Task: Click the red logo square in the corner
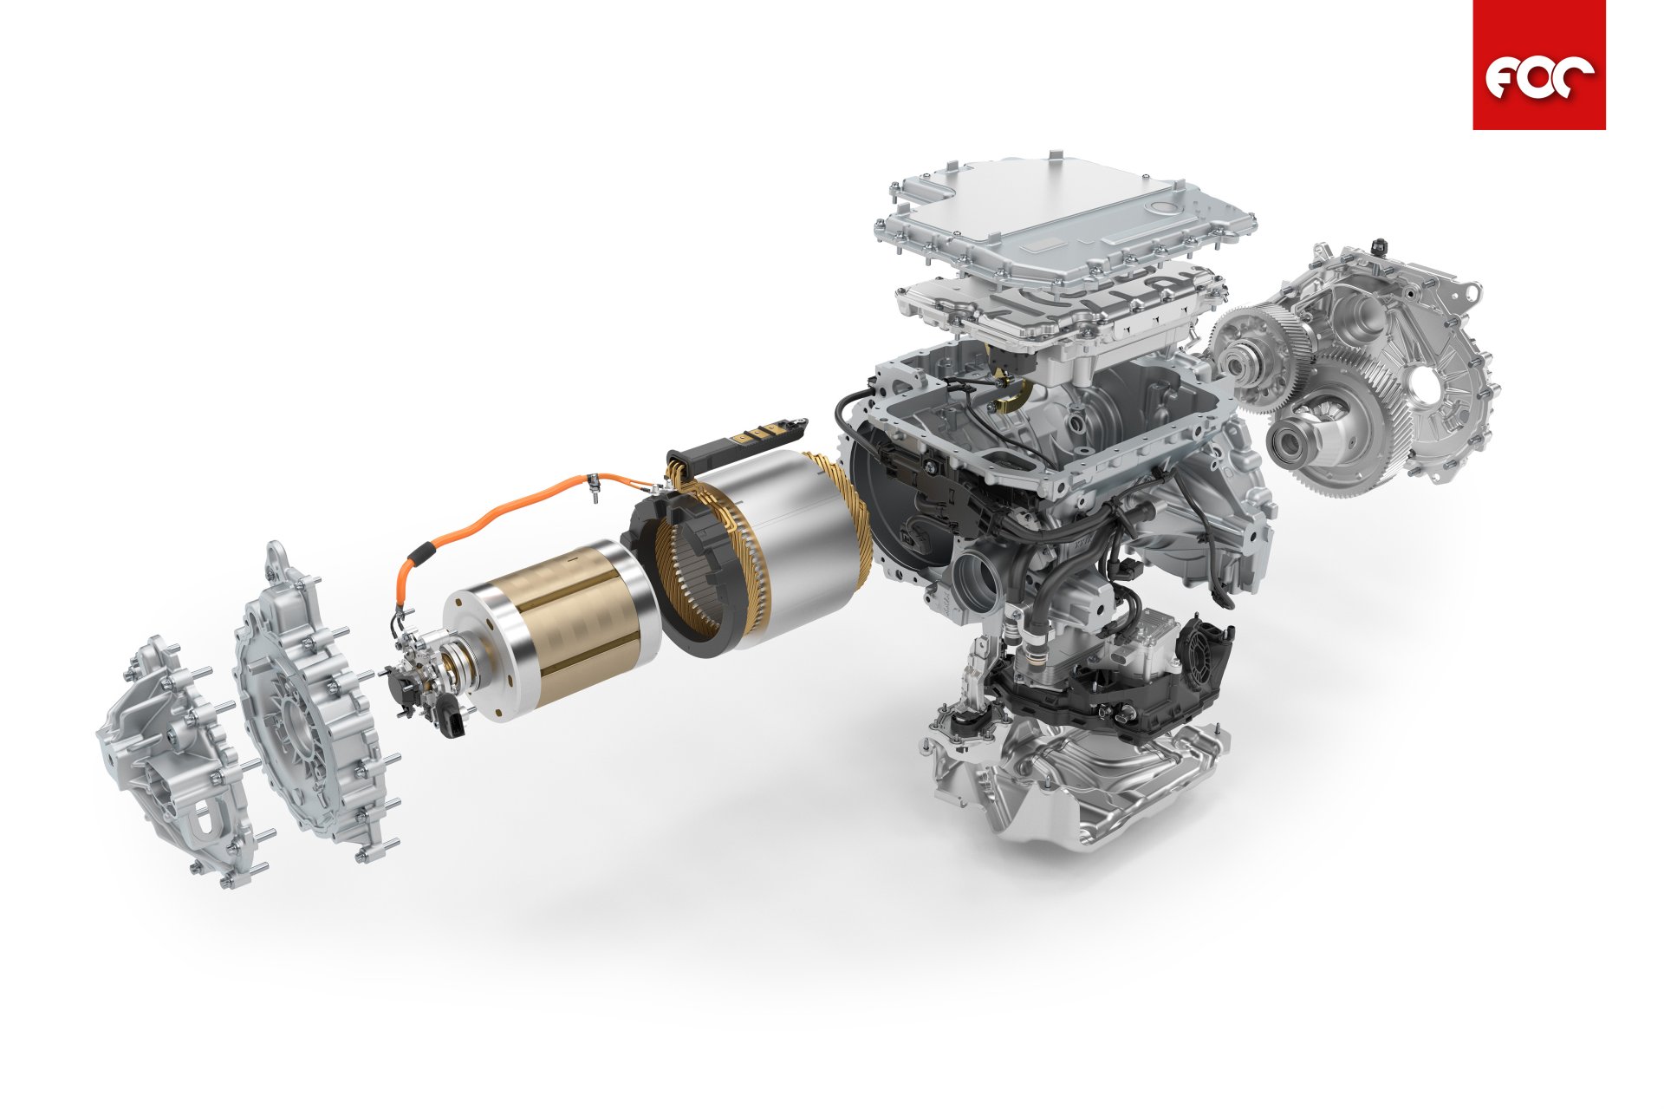[x=1538, y=65]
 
